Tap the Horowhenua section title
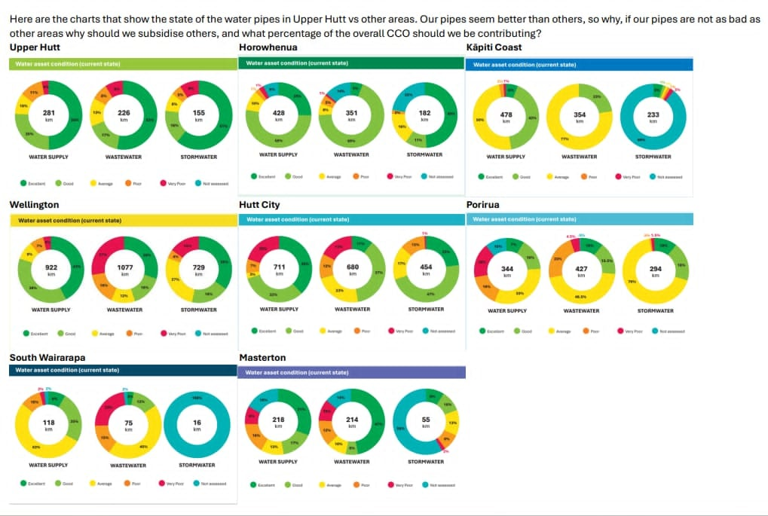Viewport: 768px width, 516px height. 262,47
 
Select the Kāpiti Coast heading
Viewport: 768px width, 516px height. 494,47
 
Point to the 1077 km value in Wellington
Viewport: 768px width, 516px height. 124,270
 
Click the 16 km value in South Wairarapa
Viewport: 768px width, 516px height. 197,426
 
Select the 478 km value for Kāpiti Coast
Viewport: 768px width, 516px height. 506,117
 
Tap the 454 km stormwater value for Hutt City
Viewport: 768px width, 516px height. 426,270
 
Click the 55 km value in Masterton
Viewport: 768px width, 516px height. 426,422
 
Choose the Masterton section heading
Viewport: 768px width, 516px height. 262,357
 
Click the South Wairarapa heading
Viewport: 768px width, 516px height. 47,357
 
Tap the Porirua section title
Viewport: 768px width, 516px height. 484,204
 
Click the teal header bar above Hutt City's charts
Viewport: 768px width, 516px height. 351,219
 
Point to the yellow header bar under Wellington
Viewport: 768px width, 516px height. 124,221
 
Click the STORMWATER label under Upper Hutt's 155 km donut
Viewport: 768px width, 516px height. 198,157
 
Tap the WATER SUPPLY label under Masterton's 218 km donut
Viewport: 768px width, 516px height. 278,461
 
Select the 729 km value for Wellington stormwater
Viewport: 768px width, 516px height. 198,270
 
